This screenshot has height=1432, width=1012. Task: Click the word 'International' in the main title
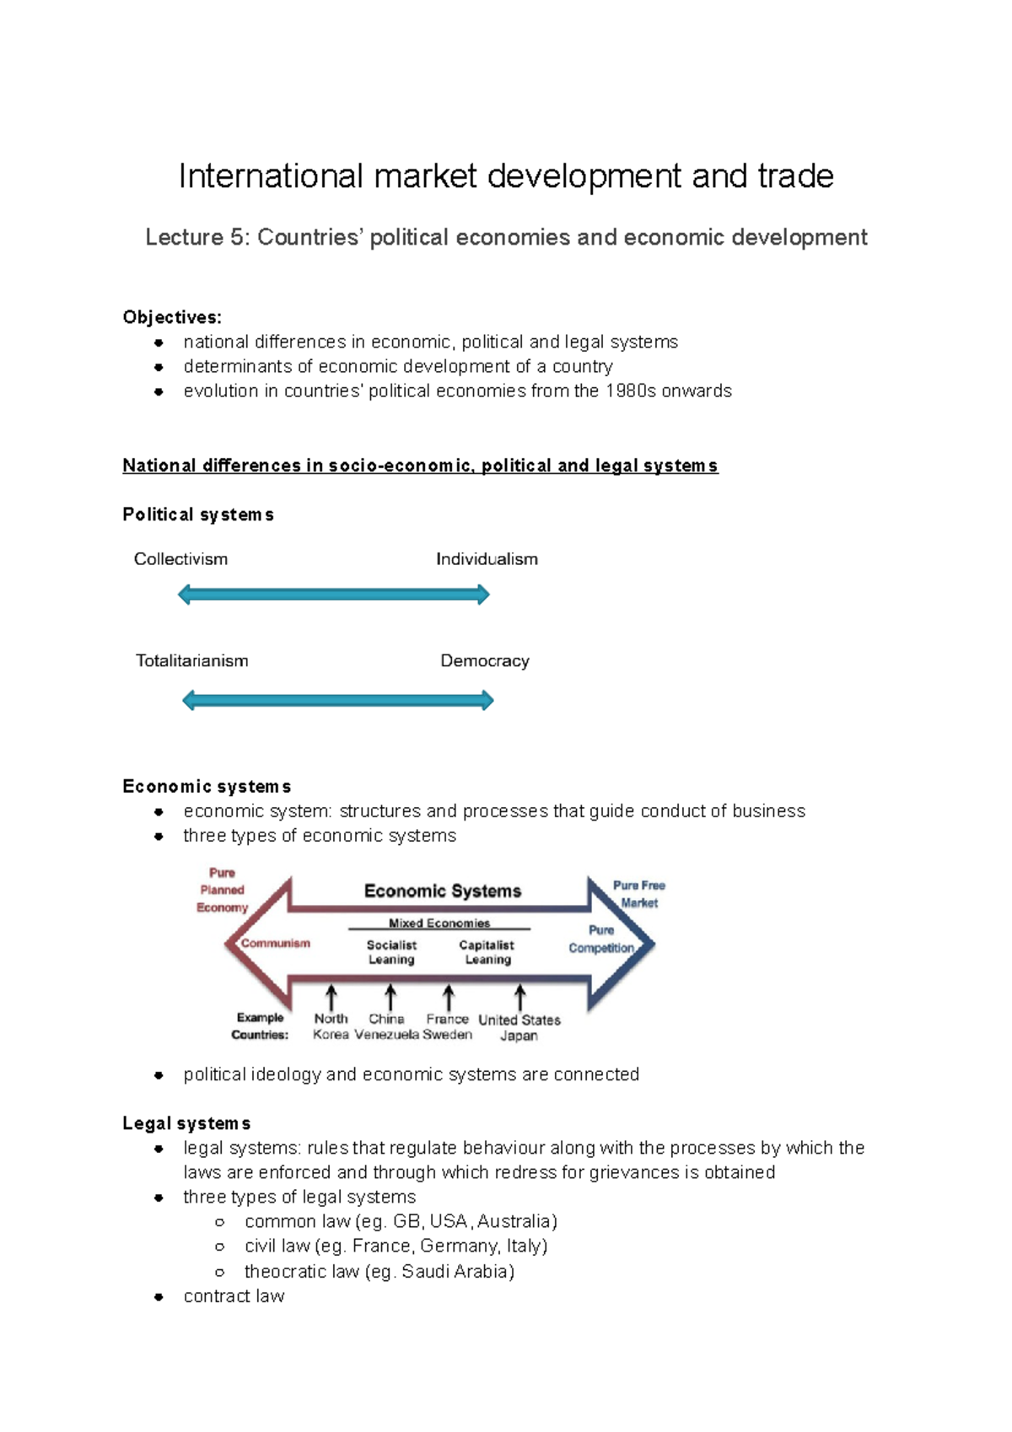[271, 176]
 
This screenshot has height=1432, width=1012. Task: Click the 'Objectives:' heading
[172, 317]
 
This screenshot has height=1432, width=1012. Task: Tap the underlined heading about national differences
[420, 466]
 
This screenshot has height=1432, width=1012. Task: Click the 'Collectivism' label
[180, 559]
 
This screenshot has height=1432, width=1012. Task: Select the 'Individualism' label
[487, 559]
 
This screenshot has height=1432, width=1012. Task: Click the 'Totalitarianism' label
[192, 661]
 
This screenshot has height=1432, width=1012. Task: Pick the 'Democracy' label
[485, 661]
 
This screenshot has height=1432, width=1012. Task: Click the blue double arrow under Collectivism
[334, 595]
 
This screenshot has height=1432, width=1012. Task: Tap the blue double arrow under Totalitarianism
[337, 700]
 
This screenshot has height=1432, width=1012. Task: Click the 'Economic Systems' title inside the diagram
[443, 891]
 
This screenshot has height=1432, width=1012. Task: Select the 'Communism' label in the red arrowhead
[276, 944]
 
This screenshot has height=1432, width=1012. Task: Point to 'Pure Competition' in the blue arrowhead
[601, 939]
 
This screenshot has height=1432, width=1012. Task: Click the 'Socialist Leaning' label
[391, 952]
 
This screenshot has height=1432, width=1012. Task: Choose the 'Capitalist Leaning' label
[487, 952]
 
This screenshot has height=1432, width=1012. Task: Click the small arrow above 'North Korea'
[331, 998]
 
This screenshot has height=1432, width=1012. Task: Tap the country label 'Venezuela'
[386, 1035]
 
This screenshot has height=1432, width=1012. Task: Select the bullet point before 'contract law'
[159, 1297]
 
